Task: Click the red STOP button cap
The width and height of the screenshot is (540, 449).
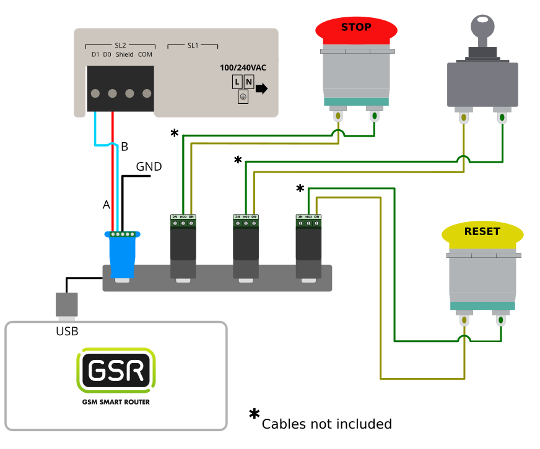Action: pyautogui.click(x=356, y=28)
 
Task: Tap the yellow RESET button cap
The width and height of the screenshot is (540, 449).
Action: pyautogui.click(x=482, y=233)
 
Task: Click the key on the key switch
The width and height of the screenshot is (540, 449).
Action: pyautogui.click(x=483, y=28)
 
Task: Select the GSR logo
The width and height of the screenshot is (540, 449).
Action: pyautogui.click(x=116, y=370)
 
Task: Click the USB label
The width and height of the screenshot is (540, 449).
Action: pyautogui.click(x=67, y=331)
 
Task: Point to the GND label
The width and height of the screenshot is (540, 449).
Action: pyautogui.click(x=149, y=166)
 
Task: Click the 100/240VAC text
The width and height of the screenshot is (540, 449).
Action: pyautogui.click(x=243, y=68)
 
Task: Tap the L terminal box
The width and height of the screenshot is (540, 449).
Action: pyautogui.click(x=237, y=82)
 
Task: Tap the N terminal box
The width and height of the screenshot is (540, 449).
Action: pyautogui.click(x=248, y=82)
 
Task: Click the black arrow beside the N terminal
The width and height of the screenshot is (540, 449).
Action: pyautogui.click(x=261, y=88)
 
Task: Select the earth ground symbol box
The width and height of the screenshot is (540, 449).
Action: pyautogui.click(x=243, y=96)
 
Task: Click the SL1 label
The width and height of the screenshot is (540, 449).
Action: pyautogui.click(x=193, y=46)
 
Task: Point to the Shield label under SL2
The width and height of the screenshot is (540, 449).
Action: pyautogui.click(x=124, y=54)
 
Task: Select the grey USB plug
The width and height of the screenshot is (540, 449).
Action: pyautogui.click(x=67, y=305)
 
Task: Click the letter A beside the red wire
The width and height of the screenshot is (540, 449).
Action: pyautogui.click(x=106, y=205)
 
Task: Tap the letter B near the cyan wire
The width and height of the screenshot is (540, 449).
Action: pyautogui.click(x=124, y=147)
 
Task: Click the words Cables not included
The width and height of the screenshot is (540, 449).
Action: pyautogui.click(x=326, y=424)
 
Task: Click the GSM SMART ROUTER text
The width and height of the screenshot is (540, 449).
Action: pyautogui.click(x=116, y=402)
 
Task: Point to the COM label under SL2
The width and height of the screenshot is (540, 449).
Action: pyautogui.click(x=145, y=54)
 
